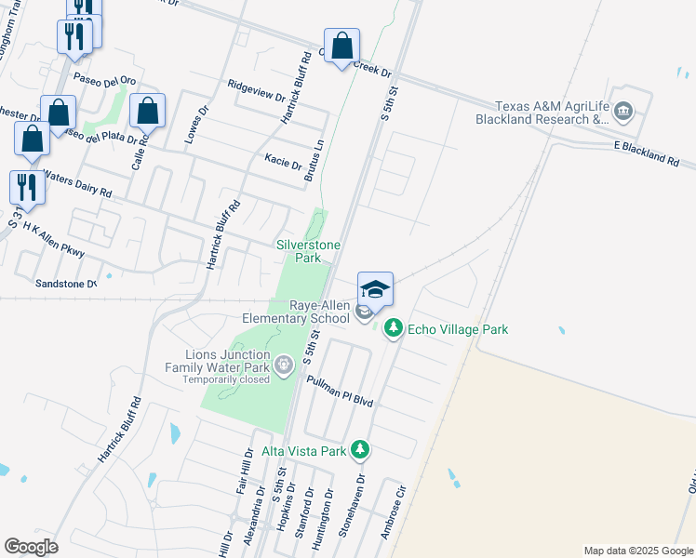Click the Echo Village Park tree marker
394,329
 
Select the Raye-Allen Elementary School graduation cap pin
375,288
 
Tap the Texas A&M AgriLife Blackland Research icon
622,113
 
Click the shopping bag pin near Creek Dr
341,46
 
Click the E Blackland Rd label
646,153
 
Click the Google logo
31,547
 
